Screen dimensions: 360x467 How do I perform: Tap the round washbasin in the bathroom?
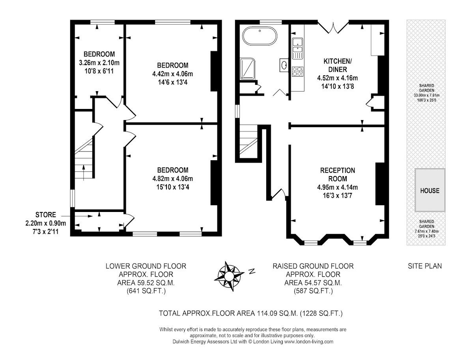284,64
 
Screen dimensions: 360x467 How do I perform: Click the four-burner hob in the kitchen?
297,71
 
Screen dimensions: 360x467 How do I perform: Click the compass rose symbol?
228,276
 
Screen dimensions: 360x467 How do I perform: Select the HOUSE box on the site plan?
430,191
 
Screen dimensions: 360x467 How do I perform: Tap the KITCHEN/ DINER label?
337,65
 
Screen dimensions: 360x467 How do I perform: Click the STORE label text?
45,215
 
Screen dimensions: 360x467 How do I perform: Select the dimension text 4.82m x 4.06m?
173,178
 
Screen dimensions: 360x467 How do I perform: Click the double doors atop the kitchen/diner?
334,27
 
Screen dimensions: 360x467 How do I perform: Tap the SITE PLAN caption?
425,266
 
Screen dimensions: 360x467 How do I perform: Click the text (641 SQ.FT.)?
146,291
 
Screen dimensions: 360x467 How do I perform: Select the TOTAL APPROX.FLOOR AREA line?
251,314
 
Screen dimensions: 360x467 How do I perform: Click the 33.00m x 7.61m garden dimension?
430,95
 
